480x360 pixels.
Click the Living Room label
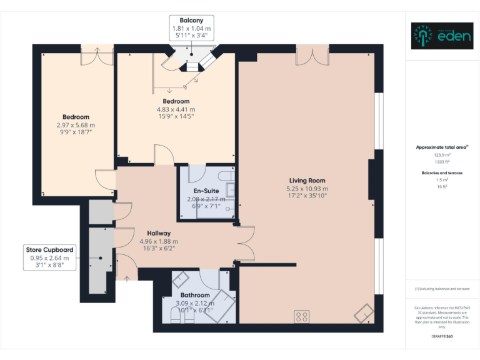tap(307, 181)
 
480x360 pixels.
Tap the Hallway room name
tap(159, 233)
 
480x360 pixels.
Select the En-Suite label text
tap(206, 191)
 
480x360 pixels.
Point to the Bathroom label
tap(194, 295)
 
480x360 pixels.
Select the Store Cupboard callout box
tap(49, 257)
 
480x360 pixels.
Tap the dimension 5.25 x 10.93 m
tap(307, 188)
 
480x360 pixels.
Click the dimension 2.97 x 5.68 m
tap(76, 125)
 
